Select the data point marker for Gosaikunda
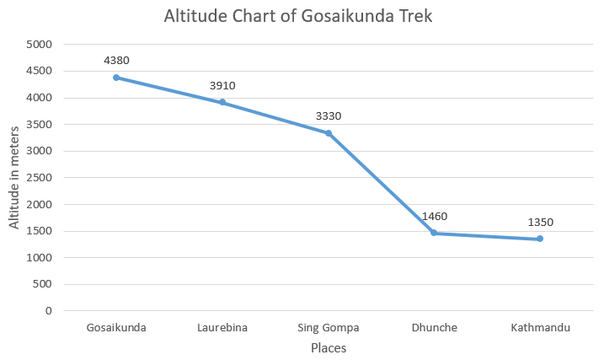click(x=116, y=78)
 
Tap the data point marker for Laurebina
click(x=222, y=102)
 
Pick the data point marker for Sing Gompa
click(x=329, y=133)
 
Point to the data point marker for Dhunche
click(x=434, y=233)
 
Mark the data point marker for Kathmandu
click(x=540, y=239)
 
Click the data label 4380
click(x=116, y=61)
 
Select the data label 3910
click(x=222, y=85)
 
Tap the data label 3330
click(x=329, y=116)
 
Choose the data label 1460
click(x=434, y=216)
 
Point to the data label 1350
click(x=540, y=223)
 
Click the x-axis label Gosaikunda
click(x=116, y=328)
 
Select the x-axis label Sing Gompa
click(x=329, y=328)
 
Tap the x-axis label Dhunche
click(x=434, y=328)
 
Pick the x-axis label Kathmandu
click(x=540, y=328)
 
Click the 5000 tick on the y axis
click(x=40, y=45)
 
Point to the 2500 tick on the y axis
click(x=40, y=178)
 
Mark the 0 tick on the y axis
click(x=48, y=311)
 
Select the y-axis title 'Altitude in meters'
click(x=14, y=177)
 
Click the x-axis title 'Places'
click(x=329, y=347)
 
